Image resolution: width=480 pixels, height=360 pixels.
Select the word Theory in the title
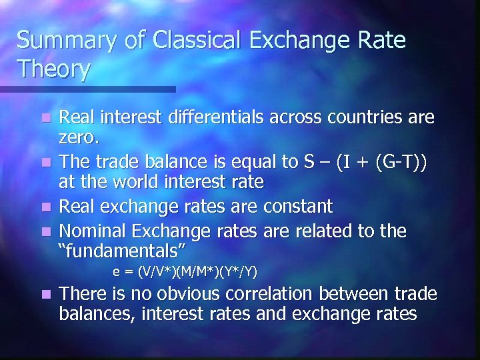pyautogui.click(x=53, y=69)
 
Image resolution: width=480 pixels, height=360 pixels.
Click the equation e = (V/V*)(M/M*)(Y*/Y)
pyautogui.click(x=185, y=271)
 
